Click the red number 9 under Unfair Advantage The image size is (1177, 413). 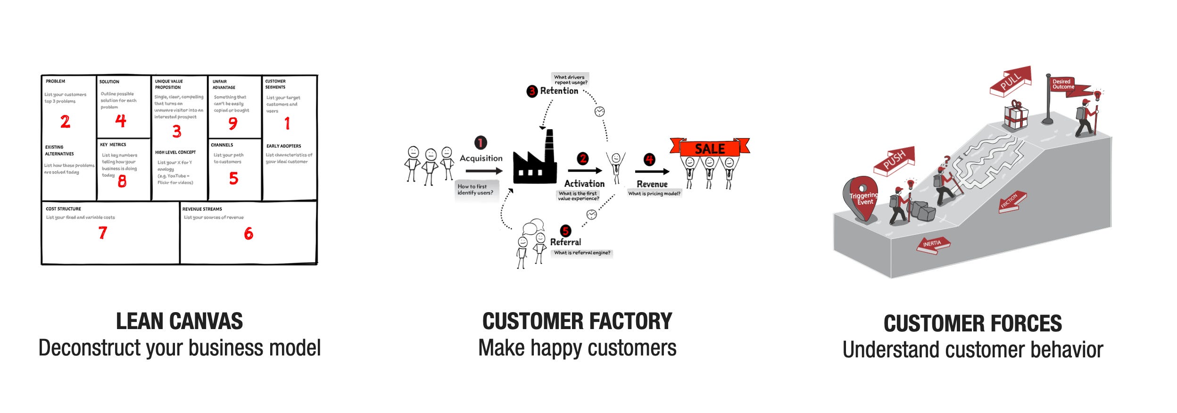[232, 124]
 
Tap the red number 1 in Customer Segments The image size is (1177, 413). [287, 124]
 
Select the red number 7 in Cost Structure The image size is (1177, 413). [103, 232]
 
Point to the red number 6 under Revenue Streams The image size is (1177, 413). [249, 233]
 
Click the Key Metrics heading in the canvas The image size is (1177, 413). [113, 145]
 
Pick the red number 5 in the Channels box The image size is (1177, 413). [233, 178]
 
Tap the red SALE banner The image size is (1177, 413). [709, 149]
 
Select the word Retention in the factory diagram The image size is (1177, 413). [559, 91]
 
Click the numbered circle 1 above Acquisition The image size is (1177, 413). [480, 142]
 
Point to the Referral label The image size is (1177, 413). [565, 242]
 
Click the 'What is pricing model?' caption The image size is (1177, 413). [654, 193]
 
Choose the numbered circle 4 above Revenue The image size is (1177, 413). [649, 159]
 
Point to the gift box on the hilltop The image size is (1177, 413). [1015, 116]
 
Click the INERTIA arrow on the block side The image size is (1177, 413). [932, 244]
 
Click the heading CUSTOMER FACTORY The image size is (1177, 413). [577, 322]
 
